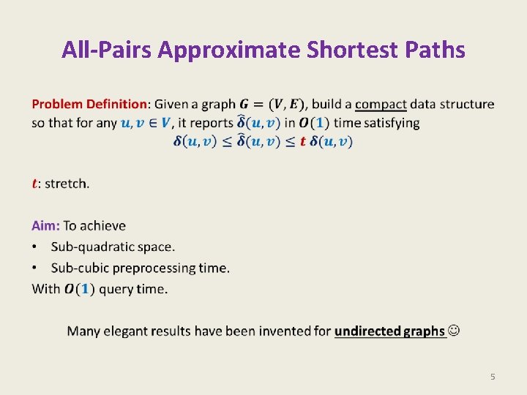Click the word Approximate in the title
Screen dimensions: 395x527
(229, 50)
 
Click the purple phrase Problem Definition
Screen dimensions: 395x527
(89, 104)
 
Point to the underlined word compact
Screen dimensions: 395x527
(381, 104)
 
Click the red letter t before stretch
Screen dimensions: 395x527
(34, 183)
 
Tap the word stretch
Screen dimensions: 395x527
(67, 183)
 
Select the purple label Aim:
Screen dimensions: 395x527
(45, 225)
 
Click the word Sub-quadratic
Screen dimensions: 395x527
(93, 247)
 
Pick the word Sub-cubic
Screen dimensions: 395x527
(79, 268)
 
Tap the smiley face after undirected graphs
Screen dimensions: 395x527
(455, 331)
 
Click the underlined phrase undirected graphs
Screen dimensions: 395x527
(389, 331)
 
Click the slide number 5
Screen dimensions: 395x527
(493, 377)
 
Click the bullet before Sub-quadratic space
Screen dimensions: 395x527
(35, 247)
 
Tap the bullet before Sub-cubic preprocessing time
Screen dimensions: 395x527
(35, 268)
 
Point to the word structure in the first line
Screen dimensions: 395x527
(466, 104)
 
